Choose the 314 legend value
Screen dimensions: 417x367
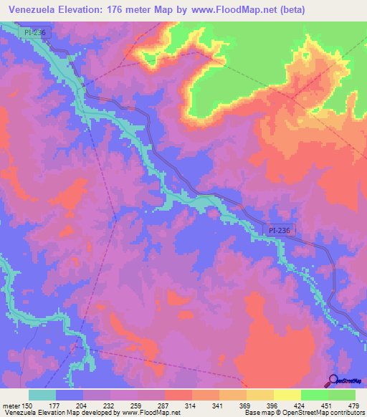coord(191,405)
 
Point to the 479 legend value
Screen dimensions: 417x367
coord(353,405)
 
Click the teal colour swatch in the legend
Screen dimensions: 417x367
coord(42,395)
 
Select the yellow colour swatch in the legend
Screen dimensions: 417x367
coord(287,395)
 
